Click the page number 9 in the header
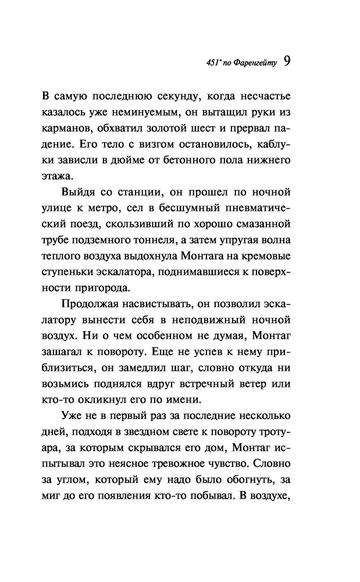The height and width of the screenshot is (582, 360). tap(287, 62)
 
